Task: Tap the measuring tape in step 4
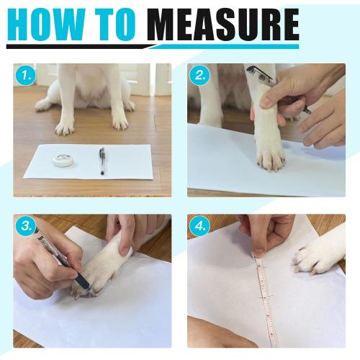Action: [x=264, y=295]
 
